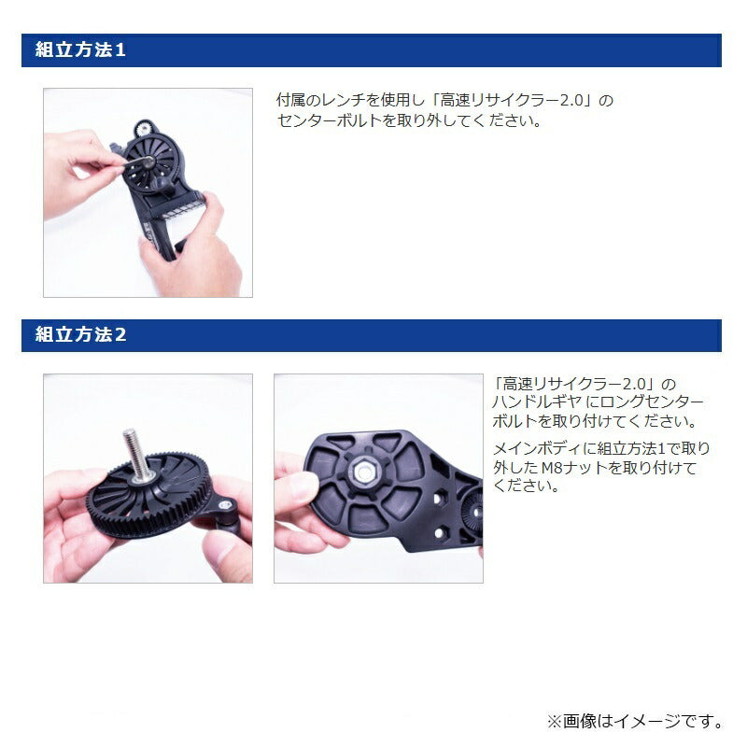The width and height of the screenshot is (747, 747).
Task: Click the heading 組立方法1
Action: pos(80,50)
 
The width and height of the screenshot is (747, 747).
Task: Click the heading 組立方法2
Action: pos(80,334)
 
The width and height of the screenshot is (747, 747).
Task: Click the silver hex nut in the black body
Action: pos(364,472)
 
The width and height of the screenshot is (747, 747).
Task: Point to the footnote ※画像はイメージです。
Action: pos(635,721)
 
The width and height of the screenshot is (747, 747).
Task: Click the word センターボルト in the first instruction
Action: pos(330,120)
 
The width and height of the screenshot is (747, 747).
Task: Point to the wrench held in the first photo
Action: pos(134,162)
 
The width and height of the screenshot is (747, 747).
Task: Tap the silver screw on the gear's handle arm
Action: pos(224,504)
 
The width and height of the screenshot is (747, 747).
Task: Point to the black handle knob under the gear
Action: pos(230,526)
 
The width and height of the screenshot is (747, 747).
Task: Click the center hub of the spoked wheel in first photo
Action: pos(148,162)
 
